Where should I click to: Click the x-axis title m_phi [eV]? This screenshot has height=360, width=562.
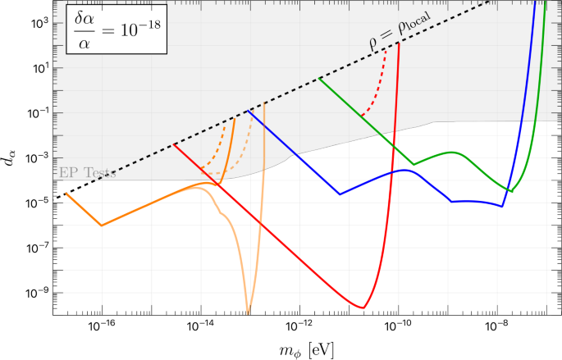pyautogui.click(x=305, y=349)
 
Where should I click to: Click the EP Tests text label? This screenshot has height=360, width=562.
pyautogui.click(x=88, y=173)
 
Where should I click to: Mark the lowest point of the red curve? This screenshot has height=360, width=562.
pyautogui.click(x=362, y=308)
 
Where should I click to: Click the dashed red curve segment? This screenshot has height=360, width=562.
pyautogui.click(x=373, y=90)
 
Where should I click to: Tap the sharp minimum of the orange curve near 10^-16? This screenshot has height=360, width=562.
pyautogui.click(x=102, y=225)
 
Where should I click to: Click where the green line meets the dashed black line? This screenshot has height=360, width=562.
pyautogui.click(x=319, y=78)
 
